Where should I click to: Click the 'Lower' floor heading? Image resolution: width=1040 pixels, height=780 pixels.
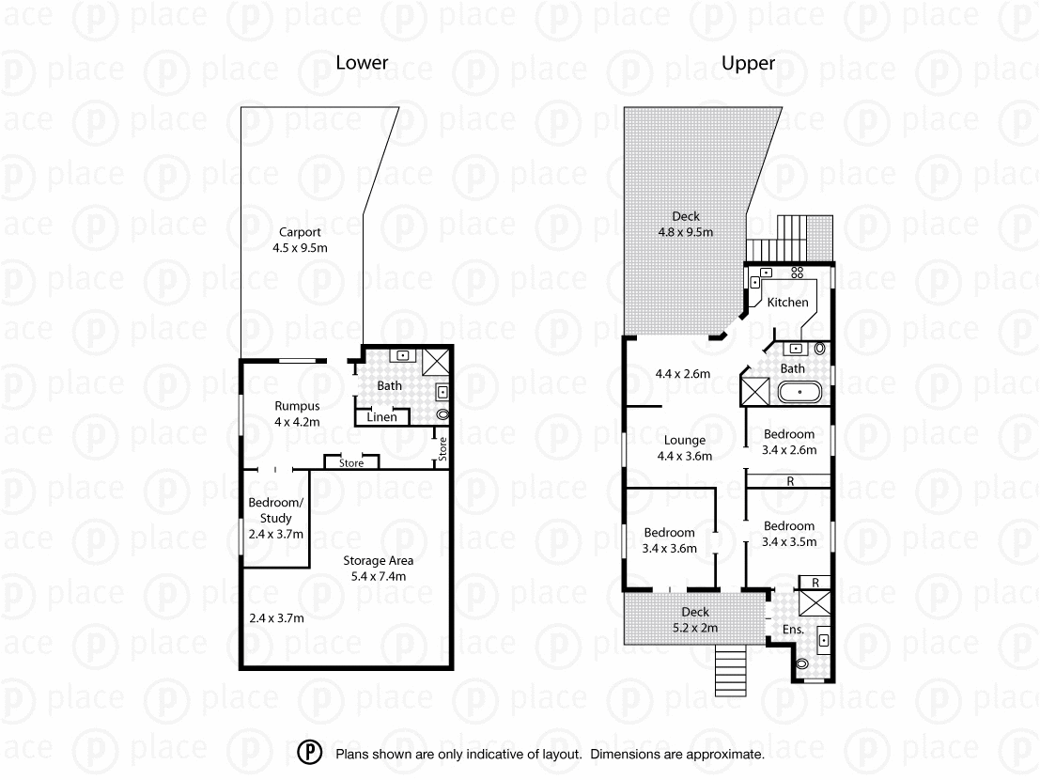coord(362,63)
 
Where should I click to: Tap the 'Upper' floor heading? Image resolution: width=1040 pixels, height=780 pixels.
coord(748,63)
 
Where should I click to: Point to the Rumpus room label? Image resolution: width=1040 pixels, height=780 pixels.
coord(297,413)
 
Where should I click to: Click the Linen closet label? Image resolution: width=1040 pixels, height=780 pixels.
coord(382,417)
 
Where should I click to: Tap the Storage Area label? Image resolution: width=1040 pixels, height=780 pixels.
coord(379,569)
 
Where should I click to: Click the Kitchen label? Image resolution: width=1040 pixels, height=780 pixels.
coord(787,302)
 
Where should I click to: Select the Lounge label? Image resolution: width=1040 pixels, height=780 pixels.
coord(684,447)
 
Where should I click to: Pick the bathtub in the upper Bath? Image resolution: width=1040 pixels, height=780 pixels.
coord(799,392)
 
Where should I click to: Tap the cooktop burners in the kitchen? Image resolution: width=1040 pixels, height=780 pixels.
coord(798,273)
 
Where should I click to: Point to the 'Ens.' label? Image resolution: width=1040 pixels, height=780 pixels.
coord(792,629)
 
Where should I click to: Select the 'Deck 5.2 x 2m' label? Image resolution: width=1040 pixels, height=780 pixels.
coord(695,620)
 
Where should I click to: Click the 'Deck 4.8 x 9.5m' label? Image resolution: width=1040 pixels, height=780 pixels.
coord(686,224)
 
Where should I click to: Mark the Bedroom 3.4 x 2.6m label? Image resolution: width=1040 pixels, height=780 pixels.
coord(789,442)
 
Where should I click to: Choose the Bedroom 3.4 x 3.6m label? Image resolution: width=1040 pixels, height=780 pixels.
coord(669,540)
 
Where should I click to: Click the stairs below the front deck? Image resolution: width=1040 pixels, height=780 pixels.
coord(732,673)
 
